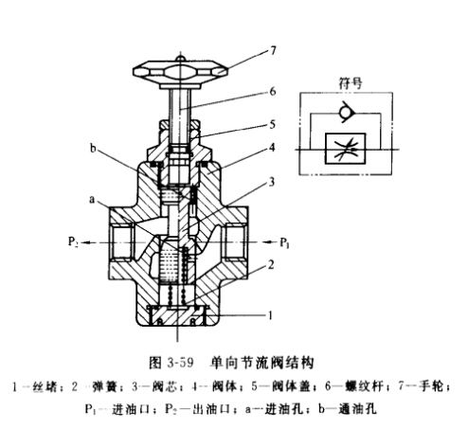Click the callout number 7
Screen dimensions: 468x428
[x=273, y=50]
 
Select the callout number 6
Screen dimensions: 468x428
[x=273, y=92]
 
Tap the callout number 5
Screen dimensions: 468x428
[x=272, y=124]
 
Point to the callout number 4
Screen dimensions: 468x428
[x=272, y=148]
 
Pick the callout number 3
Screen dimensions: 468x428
[x=271, y=182]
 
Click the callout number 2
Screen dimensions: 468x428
[x=271, y=265]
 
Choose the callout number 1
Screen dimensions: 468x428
[x=270, y=315]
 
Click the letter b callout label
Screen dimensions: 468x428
[x=93, y=149]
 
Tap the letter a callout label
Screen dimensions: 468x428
[x=92, y=200]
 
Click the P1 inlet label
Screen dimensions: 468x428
[x=284, y=242]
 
